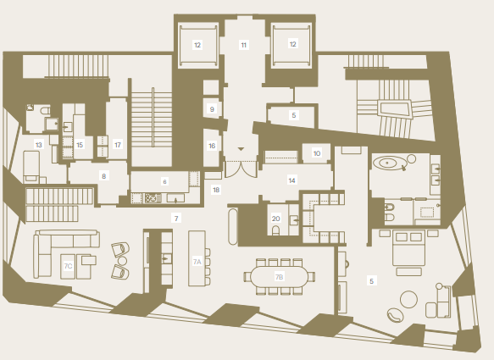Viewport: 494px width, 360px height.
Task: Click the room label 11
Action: [243, 45]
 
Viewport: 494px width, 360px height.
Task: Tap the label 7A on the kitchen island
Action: [197, 262]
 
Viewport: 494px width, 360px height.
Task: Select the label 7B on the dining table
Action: [279, 277]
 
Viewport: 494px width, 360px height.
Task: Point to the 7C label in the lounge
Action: [68, 266]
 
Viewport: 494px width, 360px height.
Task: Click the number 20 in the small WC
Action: [275, 219]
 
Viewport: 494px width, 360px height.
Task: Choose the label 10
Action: [317, 153]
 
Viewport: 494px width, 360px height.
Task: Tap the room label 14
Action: [291, 180]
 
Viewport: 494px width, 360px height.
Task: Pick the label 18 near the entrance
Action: [216, 190]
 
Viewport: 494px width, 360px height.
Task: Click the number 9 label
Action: [212, 109]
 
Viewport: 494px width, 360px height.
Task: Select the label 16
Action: [212, 146]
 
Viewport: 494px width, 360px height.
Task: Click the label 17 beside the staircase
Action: [118, 145]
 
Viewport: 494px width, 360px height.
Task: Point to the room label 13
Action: [39, 145]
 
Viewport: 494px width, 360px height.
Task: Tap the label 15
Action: [80, 145]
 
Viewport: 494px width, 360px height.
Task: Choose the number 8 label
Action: [103, 176]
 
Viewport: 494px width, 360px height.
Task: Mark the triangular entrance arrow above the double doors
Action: [241, 149]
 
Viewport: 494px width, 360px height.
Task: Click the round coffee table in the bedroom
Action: [408, 299]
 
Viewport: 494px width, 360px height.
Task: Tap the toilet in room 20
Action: [275, 230]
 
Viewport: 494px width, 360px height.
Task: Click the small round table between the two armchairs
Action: [122, 261]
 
